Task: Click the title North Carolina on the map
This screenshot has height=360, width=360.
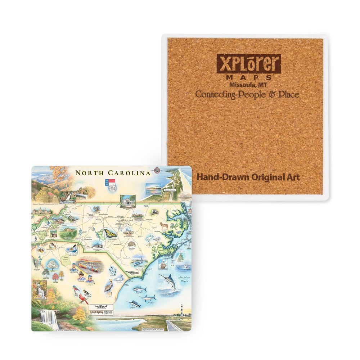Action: coord(113,173)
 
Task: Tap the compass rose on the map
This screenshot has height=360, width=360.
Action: coord(157,171)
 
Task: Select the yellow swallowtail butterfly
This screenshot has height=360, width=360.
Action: coord(110,234)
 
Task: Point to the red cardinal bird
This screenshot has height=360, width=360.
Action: coord(84,298)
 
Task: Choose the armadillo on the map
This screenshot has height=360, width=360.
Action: coord(131,244)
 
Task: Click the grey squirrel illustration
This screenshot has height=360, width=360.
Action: coord(96,209)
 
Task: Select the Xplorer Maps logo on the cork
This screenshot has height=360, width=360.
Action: coord(248,64)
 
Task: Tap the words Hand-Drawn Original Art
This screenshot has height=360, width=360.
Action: coord(248,177)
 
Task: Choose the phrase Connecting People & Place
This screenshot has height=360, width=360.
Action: coord(247,94)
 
